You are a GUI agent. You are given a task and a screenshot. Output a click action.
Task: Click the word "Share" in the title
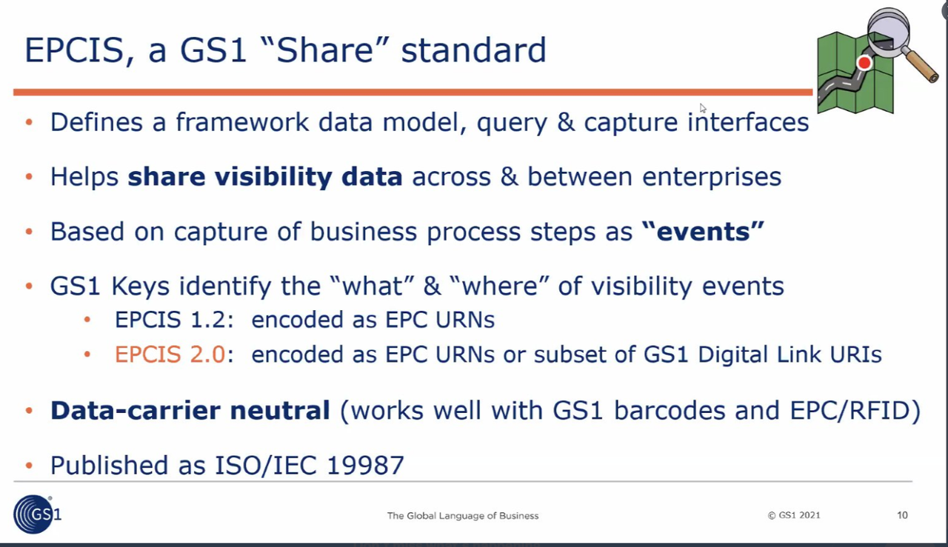click(324, 50)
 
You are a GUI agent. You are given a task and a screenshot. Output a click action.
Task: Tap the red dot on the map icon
click(864, 63)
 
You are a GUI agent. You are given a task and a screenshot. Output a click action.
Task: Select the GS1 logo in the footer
click(37, 514)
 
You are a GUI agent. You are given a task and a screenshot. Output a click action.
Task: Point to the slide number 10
click(902, 515)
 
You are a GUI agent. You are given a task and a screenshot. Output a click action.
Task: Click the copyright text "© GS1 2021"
click(794, 515)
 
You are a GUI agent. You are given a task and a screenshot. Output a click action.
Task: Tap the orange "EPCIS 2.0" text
click(170, 354)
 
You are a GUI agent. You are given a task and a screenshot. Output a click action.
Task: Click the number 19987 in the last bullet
click(366, 465)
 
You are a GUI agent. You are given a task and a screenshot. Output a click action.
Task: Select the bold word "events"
click(703, 232)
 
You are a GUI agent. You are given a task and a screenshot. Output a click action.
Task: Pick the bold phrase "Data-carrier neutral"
click(190, 410)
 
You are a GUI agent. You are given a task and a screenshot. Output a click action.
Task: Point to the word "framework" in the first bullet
click(242, 122)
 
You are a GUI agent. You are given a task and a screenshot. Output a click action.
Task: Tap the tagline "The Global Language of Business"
click(463, 516)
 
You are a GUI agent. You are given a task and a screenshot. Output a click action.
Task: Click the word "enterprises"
click(712, 177)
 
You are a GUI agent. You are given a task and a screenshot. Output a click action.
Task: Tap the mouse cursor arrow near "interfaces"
click(703, 108)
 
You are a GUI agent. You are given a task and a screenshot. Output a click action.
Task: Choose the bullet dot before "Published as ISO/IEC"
click(29, 466)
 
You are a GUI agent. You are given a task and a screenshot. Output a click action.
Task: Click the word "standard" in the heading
click(473, 50)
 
